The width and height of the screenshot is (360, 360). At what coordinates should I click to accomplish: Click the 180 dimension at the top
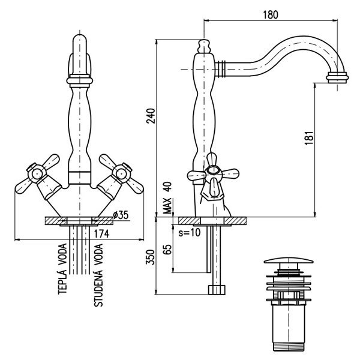click(x=271, y=15)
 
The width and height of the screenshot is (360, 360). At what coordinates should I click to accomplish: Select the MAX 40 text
click(x=167, y=198)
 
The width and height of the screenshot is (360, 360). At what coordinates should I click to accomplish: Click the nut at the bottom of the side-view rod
click(x=215, y=290)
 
